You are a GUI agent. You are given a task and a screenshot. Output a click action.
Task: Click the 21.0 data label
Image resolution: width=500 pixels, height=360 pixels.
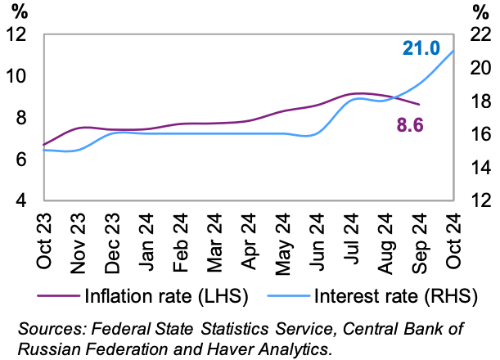pyautogui.click(x=421, y=48)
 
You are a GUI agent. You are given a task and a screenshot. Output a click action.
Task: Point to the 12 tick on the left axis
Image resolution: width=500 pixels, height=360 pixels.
pyautogui.click(x=16, y=34)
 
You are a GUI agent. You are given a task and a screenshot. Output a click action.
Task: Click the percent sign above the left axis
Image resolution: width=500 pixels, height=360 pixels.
pyautogui.click(x=17, y=11)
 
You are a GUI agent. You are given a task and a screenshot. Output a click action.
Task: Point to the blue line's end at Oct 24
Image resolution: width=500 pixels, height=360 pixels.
pyautogui.click(x=454, y=51)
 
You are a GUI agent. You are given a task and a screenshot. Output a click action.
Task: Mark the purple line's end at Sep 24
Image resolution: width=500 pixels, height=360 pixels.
pyautogui.click(x=420, y=105)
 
